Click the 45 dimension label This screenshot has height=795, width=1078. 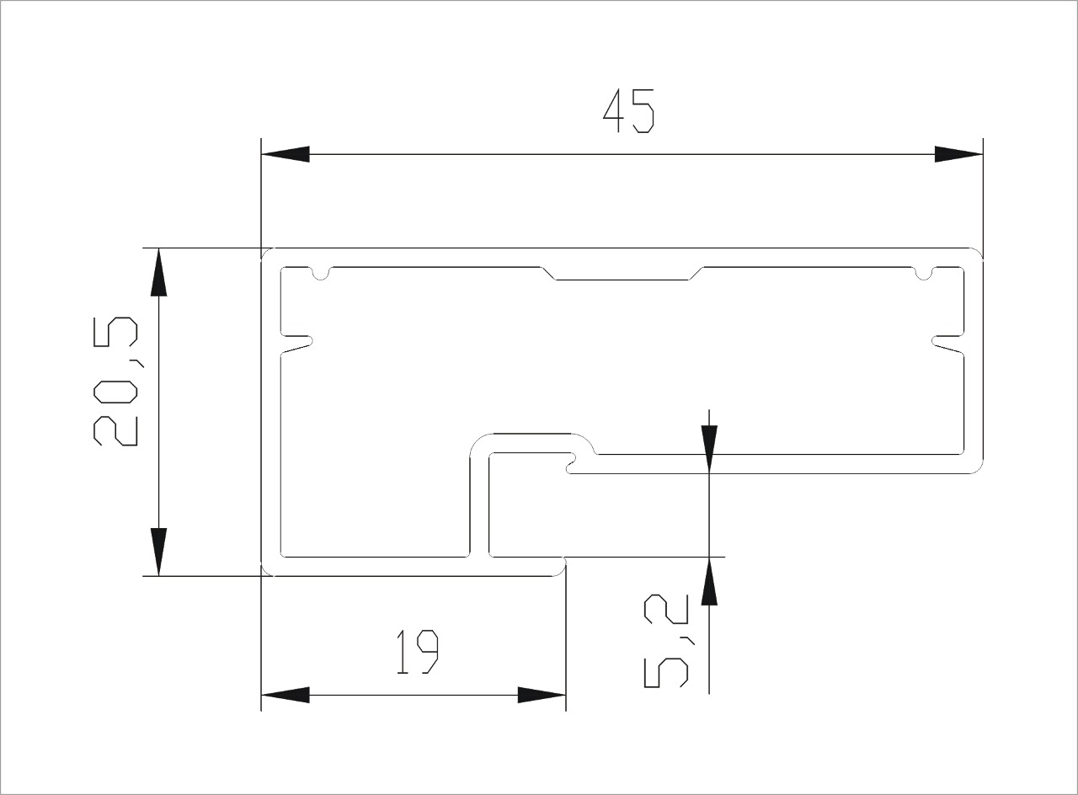tap(628, 110)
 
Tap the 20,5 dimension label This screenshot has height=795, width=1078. tap(115, 381)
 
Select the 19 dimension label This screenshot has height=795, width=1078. tap(417, 652)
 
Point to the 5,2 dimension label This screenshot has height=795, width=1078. tap(666, 641)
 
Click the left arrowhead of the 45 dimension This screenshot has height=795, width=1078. tap(285, 154)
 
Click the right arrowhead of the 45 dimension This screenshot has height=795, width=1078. tap(958, 154)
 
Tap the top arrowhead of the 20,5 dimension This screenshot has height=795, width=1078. tap(159, 272)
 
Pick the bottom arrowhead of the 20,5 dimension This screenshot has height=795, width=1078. tap(159, 552)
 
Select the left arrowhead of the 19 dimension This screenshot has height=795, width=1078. tap(285, 695)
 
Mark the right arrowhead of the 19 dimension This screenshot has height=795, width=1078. tap(542, 695)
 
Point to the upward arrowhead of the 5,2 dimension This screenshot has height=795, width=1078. tap(709, 581)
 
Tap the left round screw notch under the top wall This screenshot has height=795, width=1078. tap(321, 274)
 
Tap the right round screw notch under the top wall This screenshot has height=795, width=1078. tap(924, 274)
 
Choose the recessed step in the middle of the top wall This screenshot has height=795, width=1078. tap(622, 273)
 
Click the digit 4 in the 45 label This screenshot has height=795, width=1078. tap(615, 111)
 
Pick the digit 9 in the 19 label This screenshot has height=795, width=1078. tap(428, 652)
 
